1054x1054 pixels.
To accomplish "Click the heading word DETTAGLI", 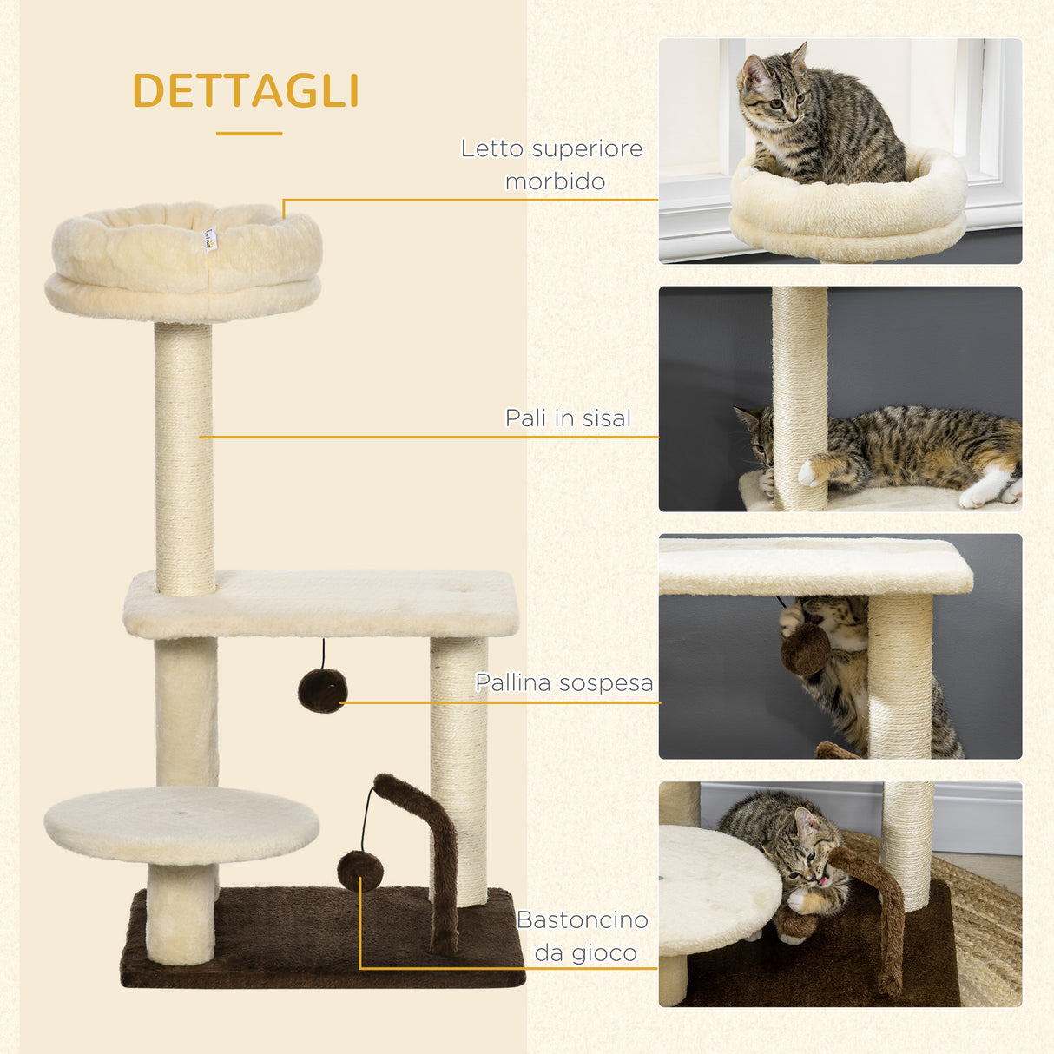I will click(x=246, y=91).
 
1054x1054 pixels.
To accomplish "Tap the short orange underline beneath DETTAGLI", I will click(x=249, y=134).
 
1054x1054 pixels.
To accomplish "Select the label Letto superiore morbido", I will click(x=552, y=164).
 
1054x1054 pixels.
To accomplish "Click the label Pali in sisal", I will click(x=568, y=418).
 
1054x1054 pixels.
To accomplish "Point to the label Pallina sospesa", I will click(x=564, y=682).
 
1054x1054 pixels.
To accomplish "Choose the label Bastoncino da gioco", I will click(x=583, y=936).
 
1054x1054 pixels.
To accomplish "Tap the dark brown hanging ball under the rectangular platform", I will click(x=322, y=691).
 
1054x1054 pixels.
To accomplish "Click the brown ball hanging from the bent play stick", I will click(x=359, y=870).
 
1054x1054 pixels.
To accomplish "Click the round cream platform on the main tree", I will click(x=181, y=825).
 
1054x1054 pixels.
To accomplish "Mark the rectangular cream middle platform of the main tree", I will click(x=321, y=603).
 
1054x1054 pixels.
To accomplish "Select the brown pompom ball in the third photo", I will click(x=805, y=649).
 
